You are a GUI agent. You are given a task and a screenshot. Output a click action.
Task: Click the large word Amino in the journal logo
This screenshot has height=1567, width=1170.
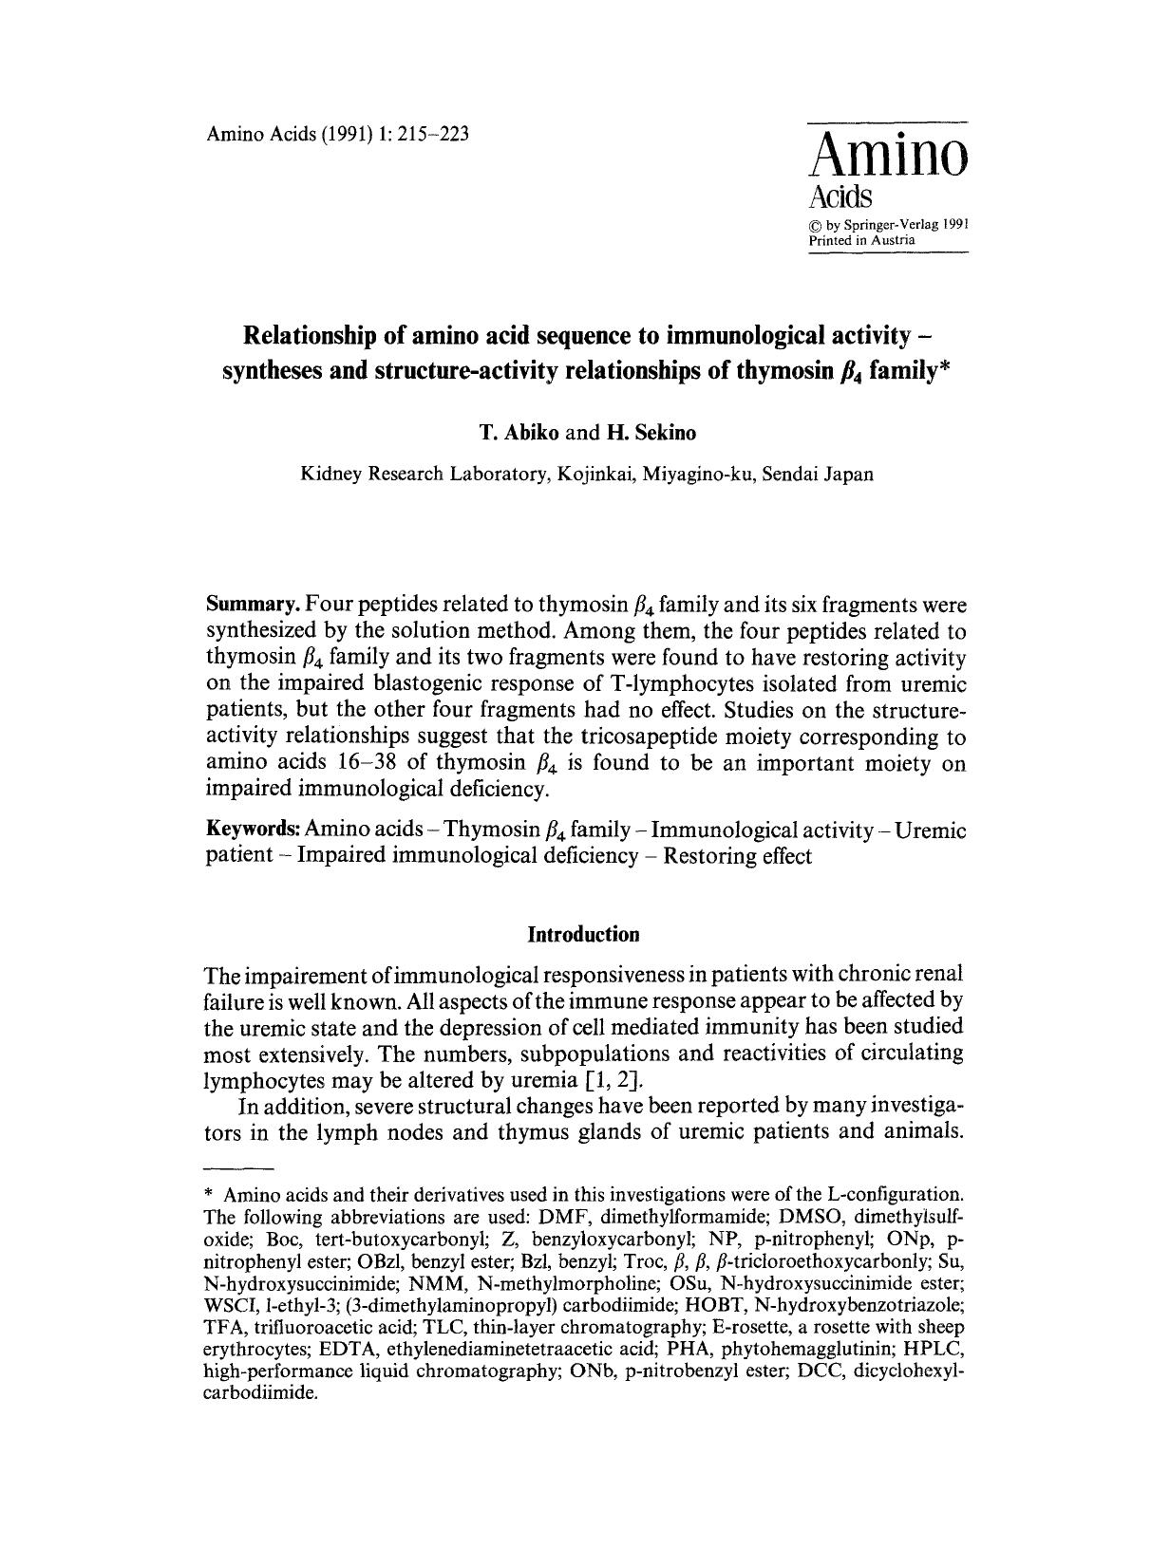pyautogui.click(x=887, y=155)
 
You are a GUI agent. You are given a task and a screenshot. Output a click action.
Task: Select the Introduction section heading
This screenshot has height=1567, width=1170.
pyautogui.click(x=583, y=935)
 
